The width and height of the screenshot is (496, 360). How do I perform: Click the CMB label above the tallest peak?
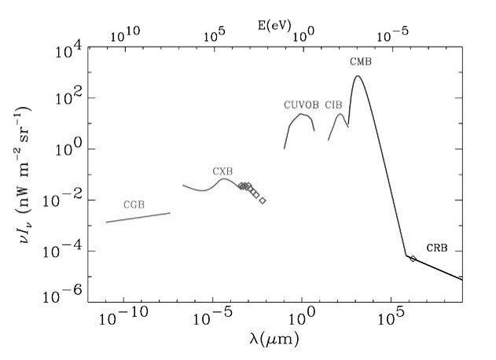(361, 61)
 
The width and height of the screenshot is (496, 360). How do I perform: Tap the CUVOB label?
(302, 105)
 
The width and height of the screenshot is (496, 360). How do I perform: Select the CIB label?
(334, 105)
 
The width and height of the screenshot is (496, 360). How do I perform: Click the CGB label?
(134, 204)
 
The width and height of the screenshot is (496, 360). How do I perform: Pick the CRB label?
(437, 248)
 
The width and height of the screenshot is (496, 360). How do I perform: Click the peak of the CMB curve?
(358, 76)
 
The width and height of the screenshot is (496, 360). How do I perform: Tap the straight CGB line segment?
(138, 218)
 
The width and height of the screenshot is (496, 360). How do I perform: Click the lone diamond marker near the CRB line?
(413, 259)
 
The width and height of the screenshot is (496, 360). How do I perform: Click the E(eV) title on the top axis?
(274, 25)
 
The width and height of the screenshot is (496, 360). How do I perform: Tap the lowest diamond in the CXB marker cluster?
(263, 201)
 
